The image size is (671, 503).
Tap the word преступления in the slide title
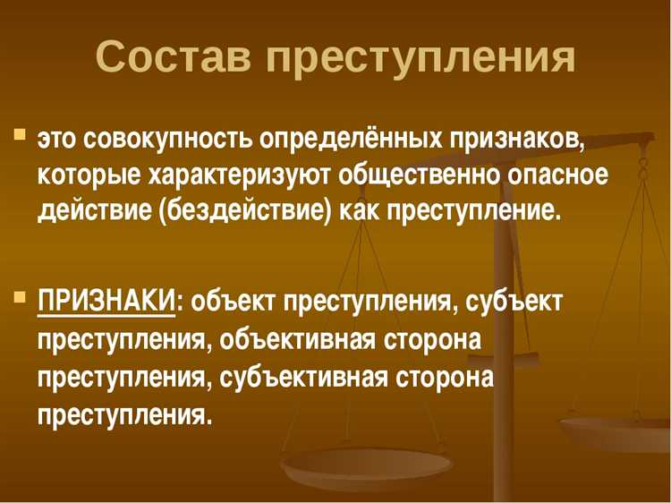[x=420, y=58]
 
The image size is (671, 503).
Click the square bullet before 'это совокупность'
[x=19, y=136]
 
